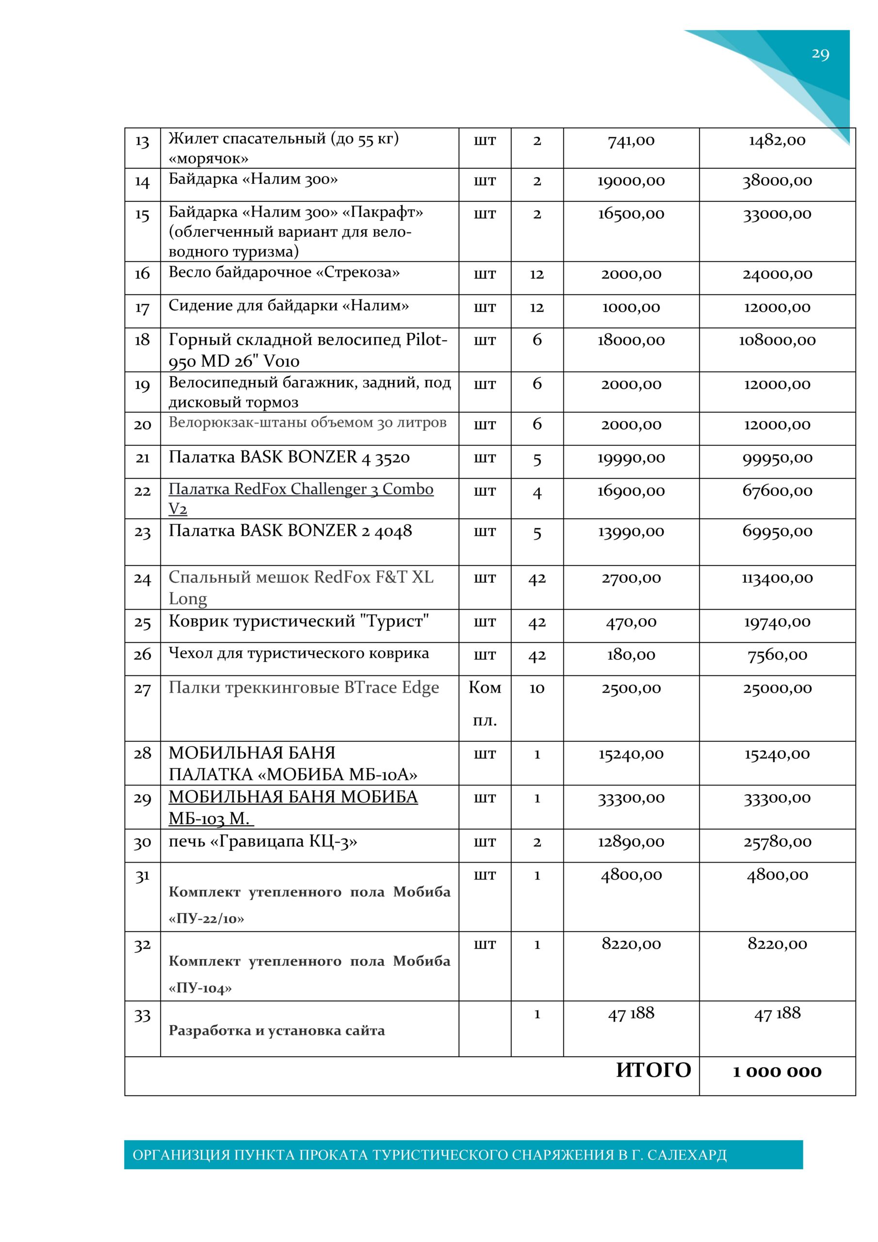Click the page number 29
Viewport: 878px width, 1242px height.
coord(820,54)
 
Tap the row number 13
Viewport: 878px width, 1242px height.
coord(142,141)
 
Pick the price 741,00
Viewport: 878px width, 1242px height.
coord(631,141)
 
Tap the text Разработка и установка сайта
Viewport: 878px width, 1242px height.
coord(276,1030)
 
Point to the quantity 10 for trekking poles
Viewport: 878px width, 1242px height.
coord(537,688)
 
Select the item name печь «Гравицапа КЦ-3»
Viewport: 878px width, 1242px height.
coord(263,842)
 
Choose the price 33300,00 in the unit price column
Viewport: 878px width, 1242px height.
coord(631,799)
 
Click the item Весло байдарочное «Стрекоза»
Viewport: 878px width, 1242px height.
coord(284,272)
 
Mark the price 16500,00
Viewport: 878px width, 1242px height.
coord(631,214)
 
